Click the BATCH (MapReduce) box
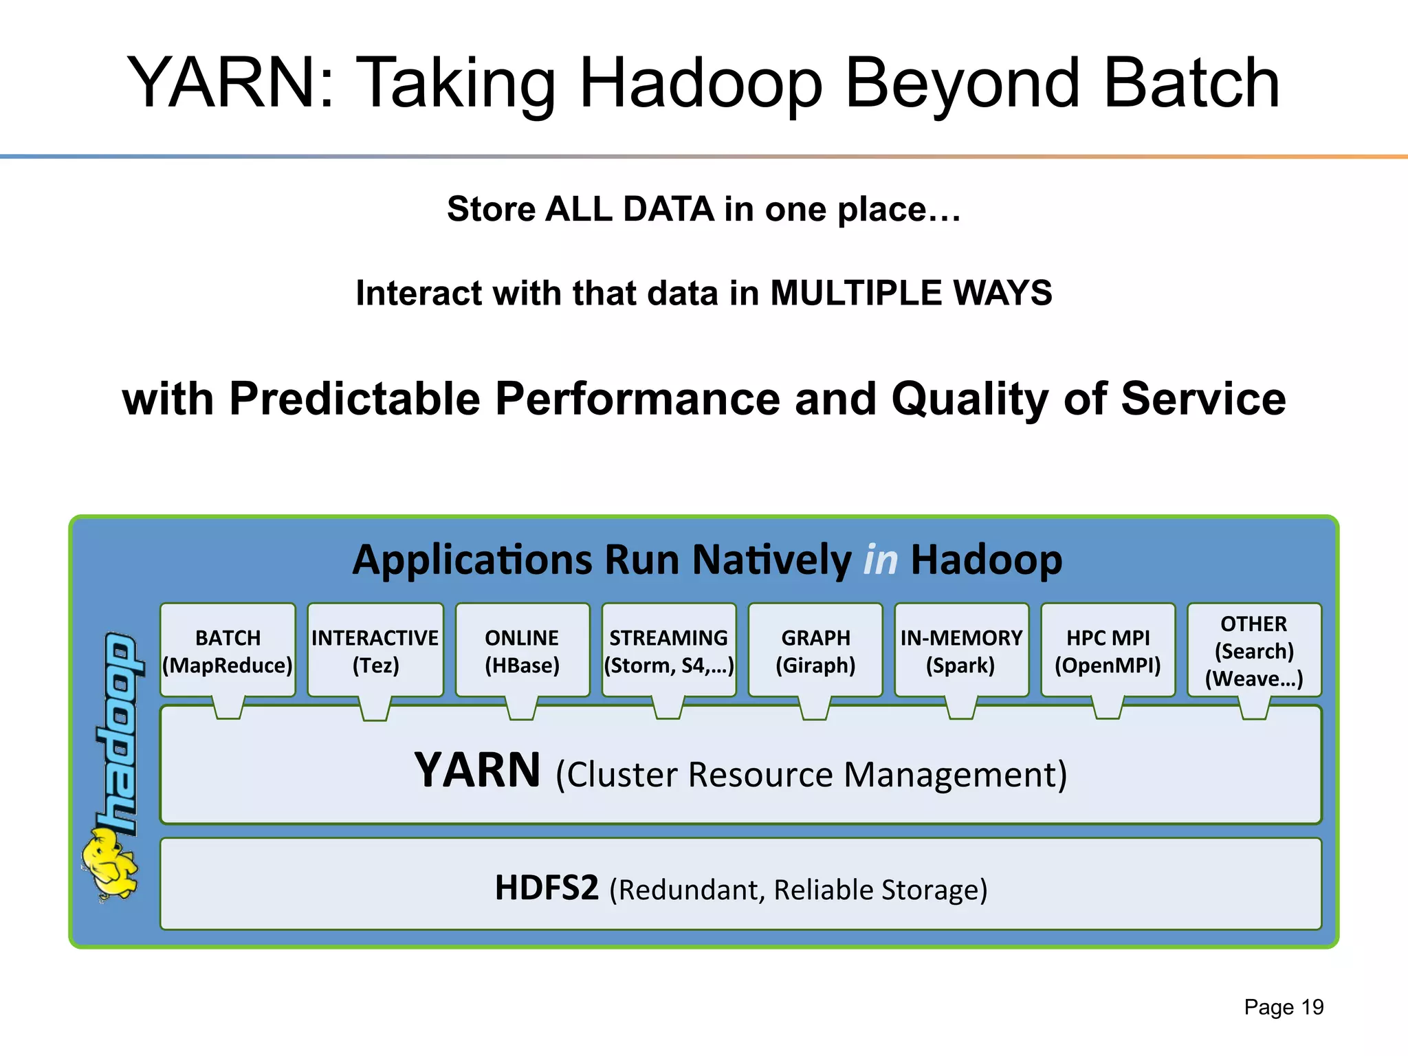[228, 650]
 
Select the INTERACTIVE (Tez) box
[375, 650]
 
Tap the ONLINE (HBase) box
[522, 650]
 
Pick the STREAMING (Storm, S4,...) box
[668, 650]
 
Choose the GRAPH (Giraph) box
[815, 650]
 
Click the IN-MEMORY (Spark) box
[961, 650]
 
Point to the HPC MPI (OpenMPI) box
[1108, 650]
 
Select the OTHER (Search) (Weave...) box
[1254, 650]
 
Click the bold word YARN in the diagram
[477, 771]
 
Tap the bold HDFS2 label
[547, 888]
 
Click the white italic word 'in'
[881, 560]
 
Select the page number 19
[1312, 1007]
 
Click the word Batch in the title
[1191, 84]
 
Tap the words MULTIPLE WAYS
[911, 294]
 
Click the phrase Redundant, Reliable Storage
[798, 890]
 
